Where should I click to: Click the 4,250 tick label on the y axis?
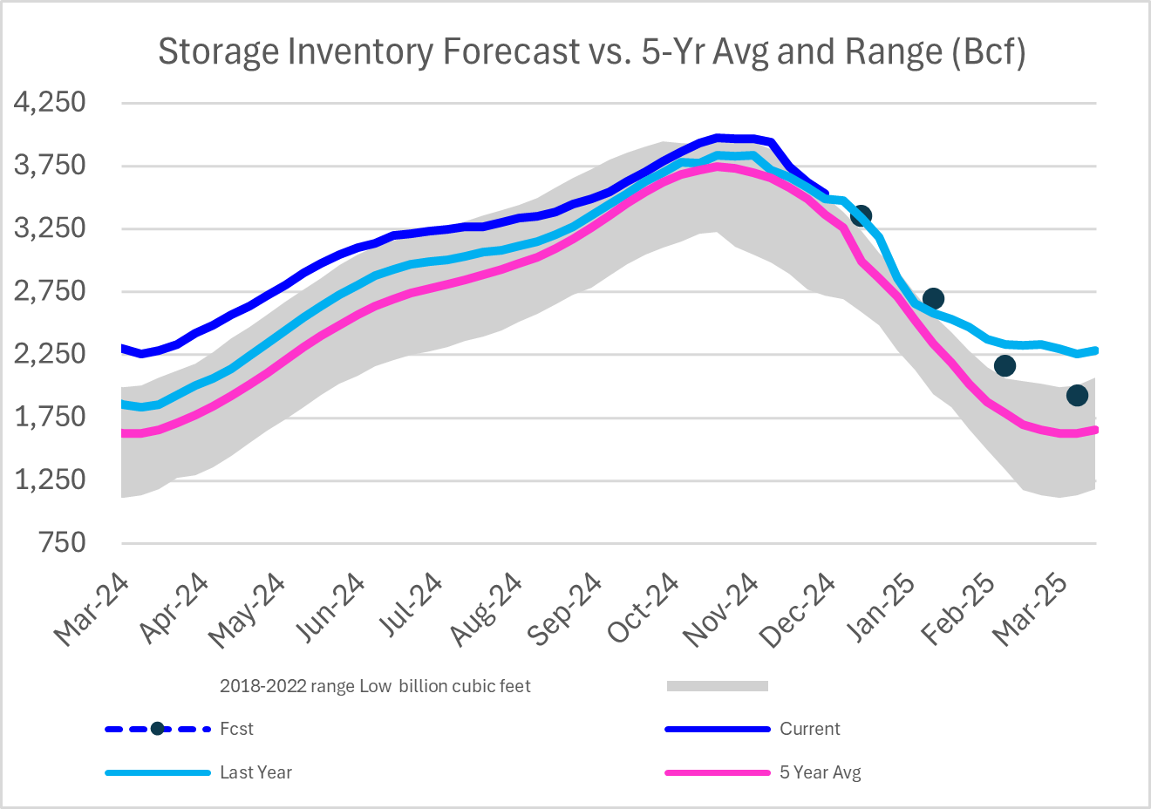(50, 103)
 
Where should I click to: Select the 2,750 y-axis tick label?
(50, 291)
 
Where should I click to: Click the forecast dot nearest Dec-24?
(861, 215)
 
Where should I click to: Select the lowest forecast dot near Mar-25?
(1077, 395)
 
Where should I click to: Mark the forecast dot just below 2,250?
(1005, 365)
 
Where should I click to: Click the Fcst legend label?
(236, 729)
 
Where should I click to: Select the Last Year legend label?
(255, 772)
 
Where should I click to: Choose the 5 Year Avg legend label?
(820, 772)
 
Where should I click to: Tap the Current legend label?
(809, 729)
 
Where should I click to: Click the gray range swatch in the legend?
(717, 686)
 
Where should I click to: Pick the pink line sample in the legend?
(717, 772)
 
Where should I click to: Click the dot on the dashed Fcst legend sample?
(157, 729)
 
